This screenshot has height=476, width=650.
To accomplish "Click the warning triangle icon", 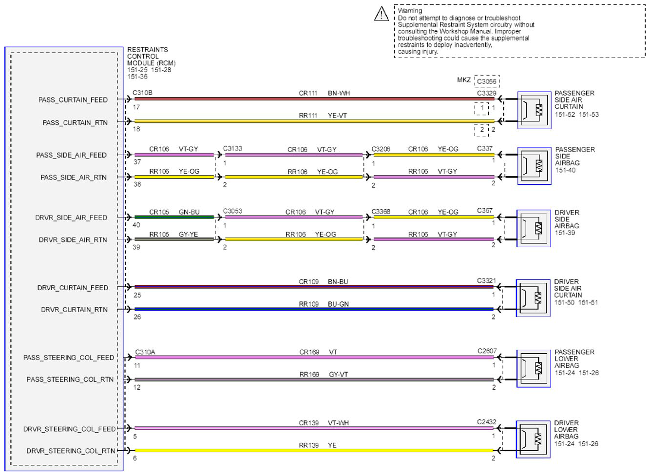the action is point(382,14).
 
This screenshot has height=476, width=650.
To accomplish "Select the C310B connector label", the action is point(142,93).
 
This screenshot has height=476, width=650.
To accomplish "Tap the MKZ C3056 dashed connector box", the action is point(487,81).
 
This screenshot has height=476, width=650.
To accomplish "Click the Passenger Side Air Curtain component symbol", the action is point(534,110).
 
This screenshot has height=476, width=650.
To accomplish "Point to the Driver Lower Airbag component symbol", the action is point(533,439).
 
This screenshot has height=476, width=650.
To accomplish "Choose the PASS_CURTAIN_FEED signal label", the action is point(73,100).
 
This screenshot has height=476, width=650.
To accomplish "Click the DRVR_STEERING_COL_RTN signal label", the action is point(71,451).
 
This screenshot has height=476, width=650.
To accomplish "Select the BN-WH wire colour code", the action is point(339,93).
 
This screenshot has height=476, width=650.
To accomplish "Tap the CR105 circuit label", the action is point(159,212).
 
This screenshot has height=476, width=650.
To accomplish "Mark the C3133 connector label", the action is point(232,148).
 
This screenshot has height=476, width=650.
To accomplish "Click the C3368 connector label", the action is point(381,212).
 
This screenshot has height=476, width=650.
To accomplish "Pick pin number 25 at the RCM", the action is point(137,295).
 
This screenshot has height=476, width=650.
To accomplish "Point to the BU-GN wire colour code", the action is point(338,304).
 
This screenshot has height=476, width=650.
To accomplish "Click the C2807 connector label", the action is point(487,351).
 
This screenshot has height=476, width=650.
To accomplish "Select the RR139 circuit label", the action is point(309,445).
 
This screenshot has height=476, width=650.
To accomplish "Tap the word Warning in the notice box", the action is point(410,11).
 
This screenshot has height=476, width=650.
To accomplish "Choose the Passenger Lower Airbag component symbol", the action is point(534,369).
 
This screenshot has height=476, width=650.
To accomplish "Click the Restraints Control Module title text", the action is point(151,57).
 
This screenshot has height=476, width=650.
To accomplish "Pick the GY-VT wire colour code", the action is point(338,375).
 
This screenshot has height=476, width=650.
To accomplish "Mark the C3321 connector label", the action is point(486,280).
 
